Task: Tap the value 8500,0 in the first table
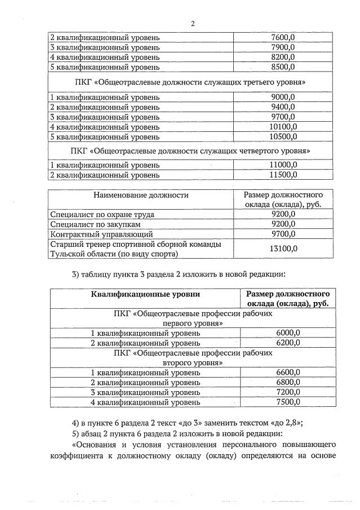[283, 67]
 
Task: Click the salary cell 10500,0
[283, 136]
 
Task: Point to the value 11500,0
[283, 175]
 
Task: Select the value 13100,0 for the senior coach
[283, 249]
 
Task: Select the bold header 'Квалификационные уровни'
[146, 294]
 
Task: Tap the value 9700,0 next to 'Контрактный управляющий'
[283, 233]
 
